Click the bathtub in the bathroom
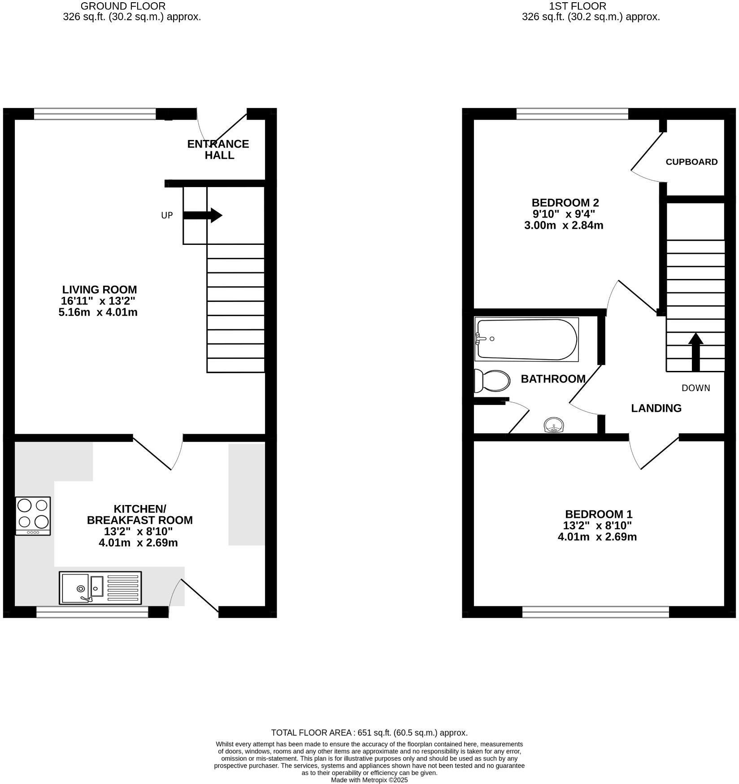526,339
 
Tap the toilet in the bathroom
492,381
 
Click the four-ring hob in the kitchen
33,515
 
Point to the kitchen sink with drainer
100,588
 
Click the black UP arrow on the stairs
203,215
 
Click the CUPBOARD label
691,162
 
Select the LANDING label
656,408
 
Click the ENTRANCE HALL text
218,149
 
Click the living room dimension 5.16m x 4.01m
98,313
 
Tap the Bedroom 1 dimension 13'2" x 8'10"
597,526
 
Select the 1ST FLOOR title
577,6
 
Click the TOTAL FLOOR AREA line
369,733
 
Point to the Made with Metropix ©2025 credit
369,780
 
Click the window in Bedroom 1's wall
596,612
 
